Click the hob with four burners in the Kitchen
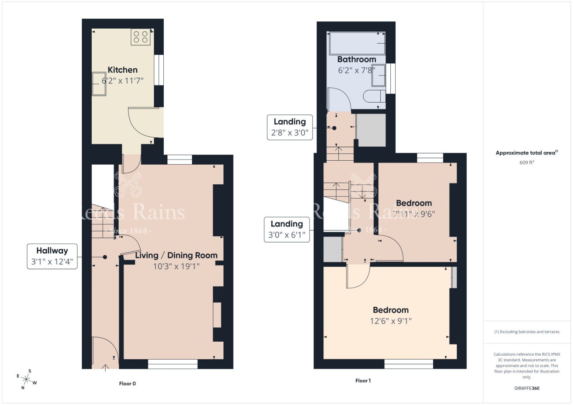point(140,37)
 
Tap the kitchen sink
point(99,84)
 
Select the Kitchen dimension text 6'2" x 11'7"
point(122,80)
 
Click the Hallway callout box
point(52,256)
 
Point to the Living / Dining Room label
point(176,255)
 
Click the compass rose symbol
point(26,379)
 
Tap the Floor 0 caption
point(127,384)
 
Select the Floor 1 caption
point(363,381)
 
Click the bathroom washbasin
point(378,75)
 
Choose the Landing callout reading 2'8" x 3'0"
point(290,127)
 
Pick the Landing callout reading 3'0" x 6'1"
point(287,229)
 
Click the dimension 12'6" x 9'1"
point(391,321)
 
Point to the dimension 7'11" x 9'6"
point(414,214)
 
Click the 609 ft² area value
point(527,162)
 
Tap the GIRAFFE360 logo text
point(526,388)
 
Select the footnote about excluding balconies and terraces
point(527,332)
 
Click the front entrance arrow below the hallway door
point(105,368)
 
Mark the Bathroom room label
point(357,59)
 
